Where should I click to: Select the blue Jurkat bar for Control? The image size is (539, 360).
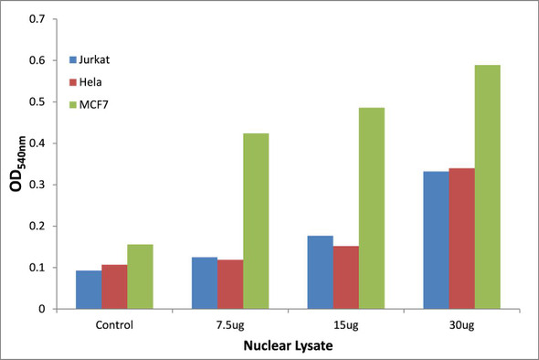pyautogui.click(x=89, y=290)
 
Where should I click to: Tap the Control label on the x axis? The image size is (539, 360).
pyautogui.click(x=114, y=324)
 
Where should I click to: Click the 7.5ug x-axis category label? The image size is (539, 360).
pyautogui.click(x=229, y=324)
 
